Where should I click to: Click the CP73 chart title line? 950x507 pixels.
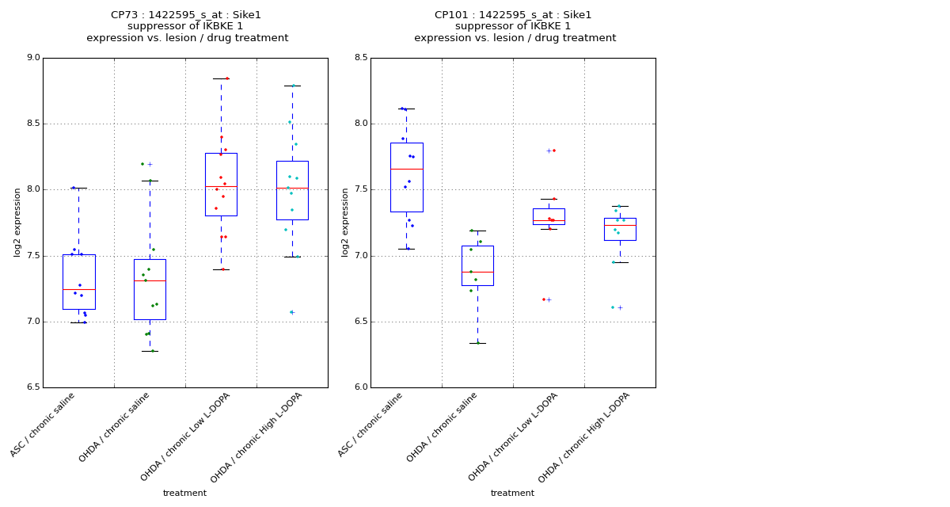(186, 15)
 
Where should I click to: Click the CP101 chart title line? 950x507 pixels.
(513, 15)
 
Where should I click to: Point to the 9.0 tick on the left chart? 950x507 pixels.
(32, 58)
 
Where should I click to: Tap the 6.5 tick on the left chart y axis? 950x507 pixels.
(32, 387)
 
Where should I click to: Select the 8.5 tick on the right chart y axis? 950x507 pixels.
(360, 58)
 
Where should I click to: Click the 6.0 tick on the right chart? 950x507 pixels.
(360, 387)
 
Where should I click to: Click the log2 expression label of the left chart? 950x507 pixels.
(17, 223)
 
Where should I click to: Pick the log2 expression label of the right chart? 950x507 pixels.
(345, 223)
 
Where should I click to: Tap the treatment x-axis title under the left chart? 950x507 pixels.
(184, 494)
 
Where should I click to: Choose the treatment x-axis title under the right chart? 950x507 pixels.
(512, 494)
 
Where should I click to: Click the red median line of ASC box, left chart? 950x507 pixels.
(78, 289)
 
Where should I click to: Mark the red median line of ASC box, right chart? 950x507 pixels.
(406, 169)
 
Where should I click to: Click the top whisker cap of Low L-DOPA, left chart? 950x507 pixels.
(221, 78)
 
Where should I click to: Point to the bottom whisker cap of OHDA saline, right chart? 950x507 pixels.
(477, 343)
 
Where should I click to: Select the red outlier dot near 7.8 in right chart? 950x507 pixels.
(554, 151)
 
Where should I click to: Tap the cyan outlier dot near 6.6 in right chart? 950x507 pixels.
(612, 307)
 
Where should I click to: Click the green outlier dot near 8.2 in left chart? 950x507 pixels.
(142, 164)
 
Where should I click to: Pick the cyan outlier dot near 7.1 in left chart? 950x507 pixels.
(291, 312)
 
